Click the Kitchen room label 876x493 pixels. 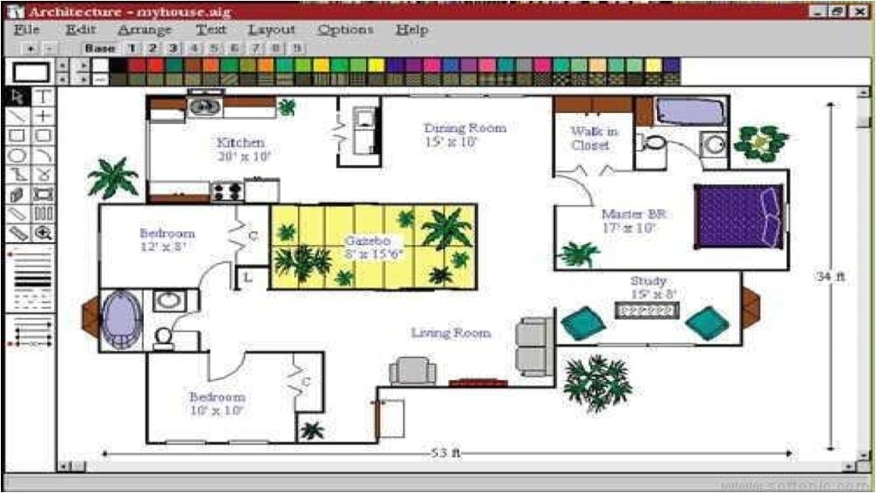[240, 143]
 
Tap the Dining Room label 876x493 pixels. [465, 128]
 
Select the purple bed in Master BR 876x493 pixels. [738, 216]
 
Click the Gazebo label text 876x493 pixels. [368, 241]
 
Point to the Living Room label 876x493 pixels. [451, 333]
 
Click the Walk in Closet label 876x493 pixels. [594, 138]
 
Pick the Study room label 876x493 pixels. [648, 281]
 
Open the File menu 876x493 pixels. [27, 29]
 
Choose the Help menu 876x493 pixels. [411, 29]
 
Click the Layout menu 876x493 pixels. [271, 29]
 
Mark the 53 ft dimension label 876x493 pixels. [446, 454]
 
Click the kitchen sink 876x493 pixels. [205, 106]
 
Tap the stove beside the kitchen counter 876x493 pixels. [228, 191]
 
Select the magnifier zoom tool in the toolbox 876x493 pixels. [43, 233]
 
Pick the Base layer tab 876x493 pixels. [100, 48]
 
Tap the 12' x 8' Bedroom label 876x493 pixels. [168, 240]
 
